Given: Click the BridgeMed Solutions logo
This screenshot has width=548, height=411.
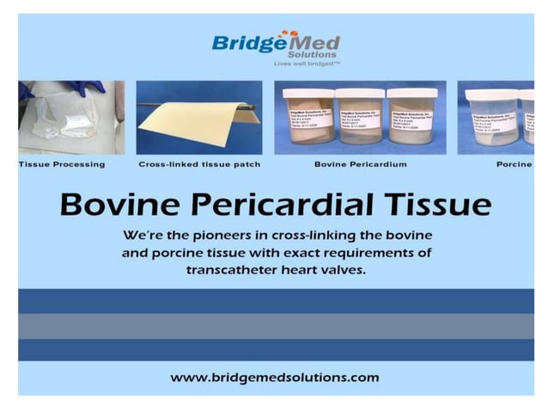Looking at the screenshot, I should point(276,44).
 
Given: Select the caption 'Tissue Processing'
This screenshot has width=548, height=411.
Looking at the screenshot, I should point(62,163).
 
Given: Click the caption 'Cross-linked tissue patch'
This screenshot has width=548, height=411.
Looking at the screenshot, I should point(199,163).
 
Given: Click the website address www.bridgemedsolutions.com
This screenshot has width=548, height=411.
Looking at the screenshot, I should point(275,377).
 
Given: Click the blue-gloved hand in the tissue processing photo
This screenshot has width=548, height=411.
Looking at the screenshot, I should point(86,88).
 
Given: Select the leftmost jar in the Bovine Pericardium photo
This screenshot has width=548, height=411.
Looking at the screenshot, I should point(309,116).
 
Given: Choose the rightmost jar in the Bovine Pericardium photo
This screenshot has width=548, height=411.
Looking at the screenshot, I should point(411,116).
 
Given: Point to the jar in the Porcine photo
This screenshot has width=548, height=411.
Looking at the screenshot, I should point(493,116).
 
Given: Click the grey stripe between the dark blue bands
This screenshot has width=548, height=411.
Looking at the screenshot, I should point(275,325).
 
